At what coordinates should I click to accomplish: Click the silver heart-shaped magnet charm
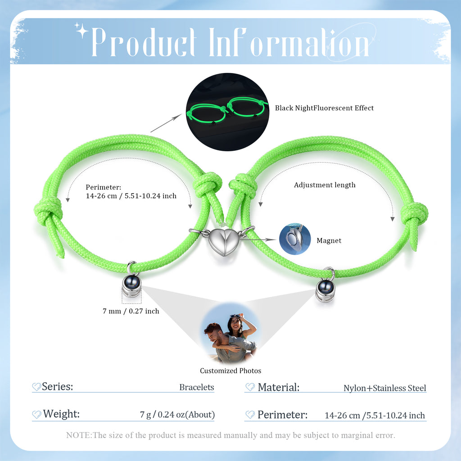click(223, 242)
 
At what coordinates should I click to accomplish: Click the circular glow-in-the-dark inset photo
click(227, 112)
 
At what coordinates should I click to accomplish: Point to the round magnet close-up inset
click(294, 239)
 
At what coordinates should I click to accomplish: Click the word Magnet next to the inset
click(329, 240)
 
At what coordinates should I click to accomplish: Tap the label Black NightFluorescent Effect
click(324, 108)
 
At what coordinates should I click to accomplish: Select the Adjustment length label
click(325, 185)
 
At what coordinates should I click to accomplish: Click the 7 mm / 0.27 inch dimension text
click(131, 311)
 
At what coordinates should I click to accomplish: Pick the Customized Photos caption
click(230, 371)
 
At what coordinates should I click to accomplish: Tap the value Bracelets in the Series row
click(197, 387)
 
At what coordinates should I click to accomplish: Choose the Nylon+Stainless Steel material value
click(384, 388)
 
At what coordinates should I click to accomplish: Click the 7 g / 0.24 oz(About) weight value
click(177, 414)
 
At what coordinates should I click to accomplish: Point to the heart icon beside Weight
click(36, 415)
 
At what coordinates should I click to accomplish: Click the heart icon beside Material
click(250, 387)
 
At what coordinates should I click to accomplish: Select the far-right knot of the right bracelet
click(414, 214)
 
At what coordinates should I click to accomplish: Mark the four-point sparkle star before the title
click(82, 31)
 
